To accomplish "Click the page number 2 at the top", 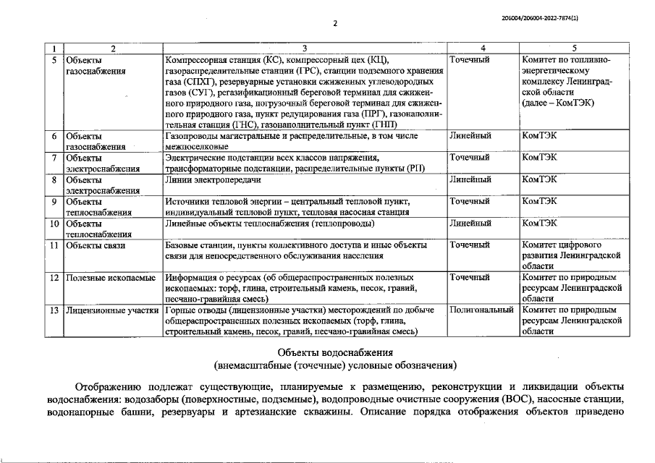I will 335,23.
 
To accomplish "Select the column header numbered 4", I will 483,48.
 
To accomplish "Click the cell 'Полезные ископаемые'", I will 111,278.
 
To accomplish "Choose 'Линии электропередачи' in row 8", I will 213,179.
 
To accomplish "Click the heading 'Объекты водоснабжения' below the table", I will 335,352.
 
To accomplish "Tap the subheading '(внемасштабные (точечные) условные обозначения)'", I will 335,365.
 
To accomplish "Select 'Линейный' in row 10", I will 470,223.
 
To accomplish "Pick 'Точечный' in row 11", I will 470,245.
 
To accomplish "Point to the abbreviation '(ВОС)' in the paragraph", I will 514,399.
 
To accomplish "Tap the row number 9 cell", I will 54,201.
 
